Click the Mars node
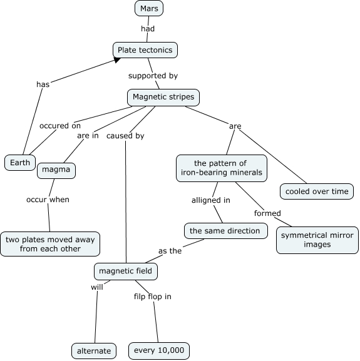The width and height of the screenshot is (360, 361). coord(149,8)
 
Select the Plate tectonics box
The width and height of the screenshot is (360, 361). coord(145,50)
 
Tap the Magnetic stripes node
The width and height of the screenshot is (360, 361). coord(163,98)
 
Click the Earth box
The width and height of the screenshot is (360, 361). coord(20,163)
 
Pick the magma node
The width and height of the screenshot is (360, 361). coord(56,171)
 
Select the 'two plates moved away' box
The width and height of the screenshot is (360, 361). coord(50,244)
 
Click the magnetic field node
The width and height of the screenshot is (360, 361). coord(126,271)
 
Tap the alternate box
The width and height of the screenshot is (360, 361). coord(94,351)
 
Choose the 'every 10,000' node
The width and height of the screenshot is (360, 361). coord(159,350)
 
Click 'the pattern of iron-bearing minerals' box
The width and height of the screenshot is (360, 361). coord(222,168)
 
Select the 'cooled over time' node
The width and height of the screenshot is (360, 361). coord(317,191)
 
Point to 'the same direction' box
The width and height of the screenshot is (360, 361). coord(226,231)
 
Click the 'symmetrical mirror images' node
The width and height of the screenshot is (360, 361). coord(317,240)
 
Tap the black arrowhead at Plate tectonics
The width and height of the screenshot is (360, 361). coord(117,60)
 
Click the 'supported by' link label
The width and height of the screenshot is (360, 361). coord(153,76)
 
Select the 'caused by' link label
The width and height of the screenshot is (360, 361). coord(125,136)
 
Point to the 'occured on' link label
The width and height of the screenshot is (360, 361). coord(60,126)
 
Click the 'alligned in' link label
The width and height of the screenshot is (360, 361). coord(211,200)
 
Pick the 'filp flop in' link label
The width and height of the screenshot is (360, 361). coord(153,297)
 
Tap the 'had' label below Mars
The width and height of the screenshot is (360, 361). coord(148,29)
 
